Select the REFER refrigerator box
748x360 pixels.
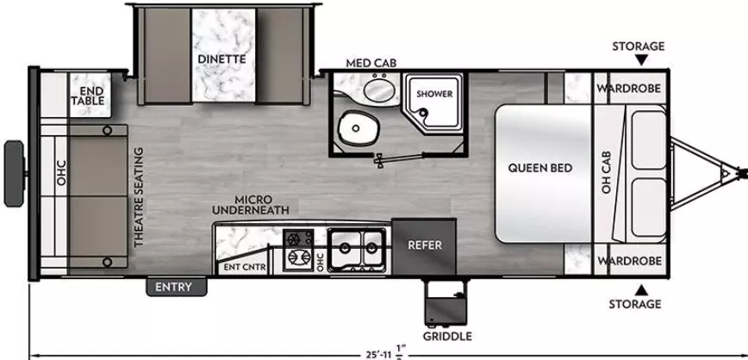point(425,245)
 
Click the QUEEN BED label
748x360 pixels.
point(540,168)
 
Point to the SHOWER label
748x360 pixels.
point(435,94)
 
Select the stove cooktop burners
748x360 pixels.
point(298,248)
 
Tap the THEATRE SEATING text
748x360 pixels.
point(138,197)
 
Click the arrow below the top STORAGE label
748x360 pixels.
point(639,60)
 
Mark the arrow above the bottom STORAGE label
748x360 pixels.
point(639,288)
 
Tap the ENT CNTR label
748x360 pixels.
point(244,267)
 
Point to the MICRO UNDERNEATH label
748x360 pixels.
point(252,203)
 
